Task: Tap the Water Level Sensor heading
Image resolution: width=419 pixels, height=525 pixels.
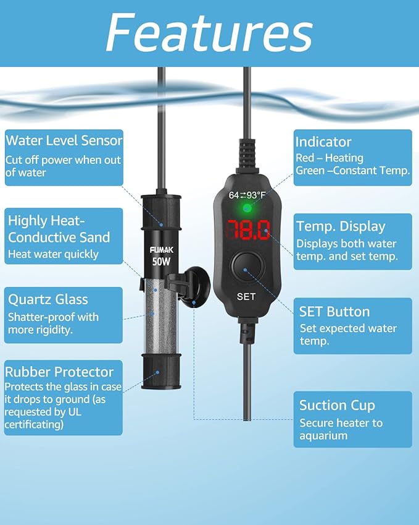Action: [x=64, y=140]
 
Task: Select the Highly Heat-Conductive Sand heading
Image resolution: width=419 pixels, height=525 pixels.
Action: [x=59, y=228]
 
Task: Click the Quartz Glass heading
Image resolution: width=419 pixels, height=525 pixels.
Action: [x=48, y=300]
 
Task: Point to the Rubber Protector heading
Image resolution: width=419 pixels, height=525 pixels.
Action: [x=59, y=372]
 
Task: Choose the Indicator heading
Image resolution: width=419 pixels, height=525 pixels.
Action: [x=323, y=142]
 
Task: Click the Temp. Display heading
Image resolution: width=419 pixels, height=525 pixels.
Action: [x=341, y=226]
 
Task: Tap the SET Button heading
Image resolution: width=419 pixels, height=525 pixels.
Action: [x=334, y=311]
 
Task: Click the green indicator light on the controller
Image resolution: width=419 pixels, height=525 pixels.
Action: [x=247, y=208]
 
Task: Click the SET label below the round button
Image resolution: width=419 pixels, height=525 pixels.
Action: [x=246, y=297]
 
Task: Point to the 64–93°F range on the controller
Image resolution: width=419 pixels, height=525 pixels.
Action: [x=247, y=195]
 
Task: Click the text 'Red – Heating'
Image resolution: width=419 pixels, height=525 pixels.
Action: [x=330, y=158]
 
